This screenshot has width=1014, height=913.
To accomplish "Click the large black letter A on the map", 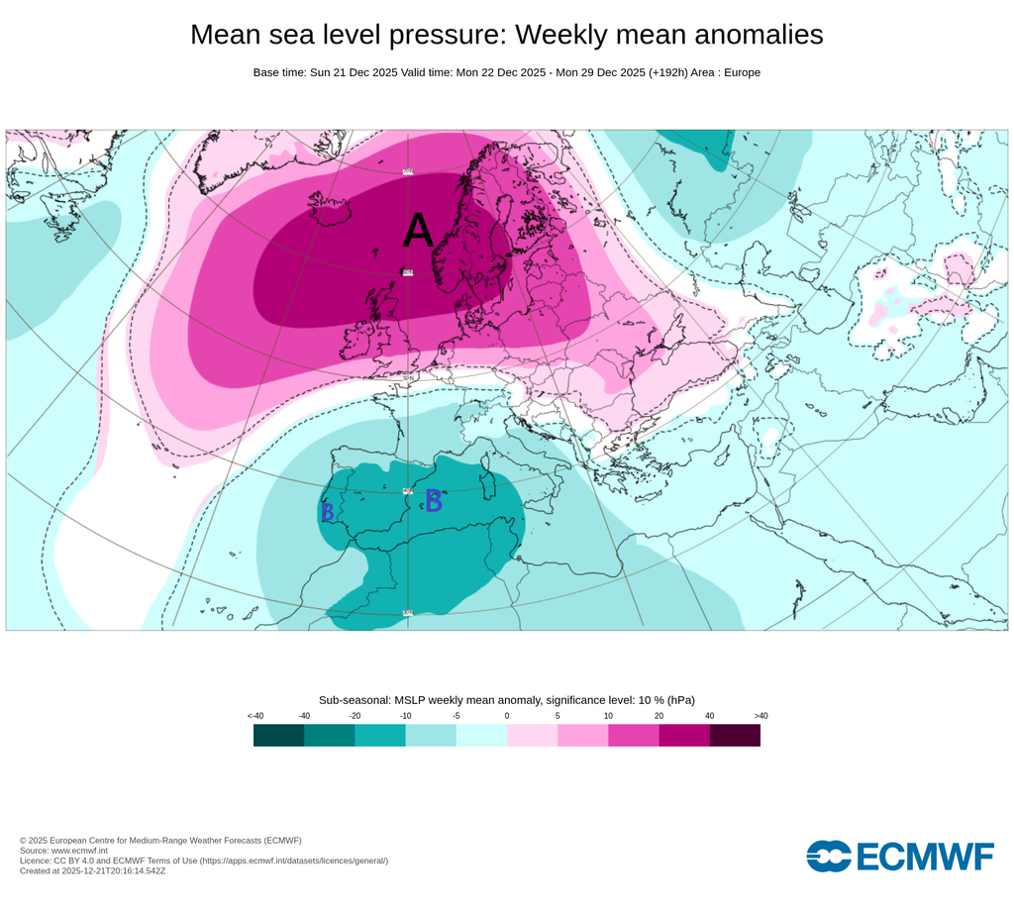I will tap(418, 232).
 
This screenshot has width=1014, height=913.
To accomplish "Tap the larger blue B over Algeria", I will tap(433, 501).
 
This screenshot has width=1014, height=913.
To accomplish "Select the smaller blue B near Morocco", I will tap(327, 512).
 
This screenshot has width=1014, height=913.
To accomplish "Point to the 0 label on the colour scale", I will tap(507, 716).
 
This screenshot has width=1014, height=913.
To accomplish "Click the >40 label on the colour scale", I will tap(760, 716).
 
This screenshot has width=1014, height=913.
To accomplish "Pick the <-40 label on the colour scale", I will tap(254, 716).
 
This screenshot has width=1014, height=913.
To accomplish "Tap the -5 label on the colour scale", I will tap(456, 716).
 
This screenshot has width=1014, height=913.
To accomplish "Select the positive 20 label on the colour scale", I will tap(659, 716).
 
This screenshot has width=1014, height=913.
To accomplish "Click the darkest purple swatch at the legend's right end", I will tap(735, 735).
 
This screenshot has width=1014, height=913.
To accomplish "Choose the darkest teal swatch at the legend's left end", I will tap(278, 735).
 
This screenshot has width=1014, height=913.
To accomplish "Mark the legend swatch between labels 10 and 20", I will tap(633, 735).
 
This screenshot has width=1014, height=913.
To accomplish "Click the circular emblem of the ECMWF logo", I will tap(828, 856).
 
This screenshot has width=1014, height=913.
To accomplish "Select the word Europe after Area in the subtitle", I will tap(741, 72).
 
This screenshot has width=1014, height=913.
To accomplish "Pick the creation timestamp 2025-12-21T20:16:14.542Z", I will tap(115, 871).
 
